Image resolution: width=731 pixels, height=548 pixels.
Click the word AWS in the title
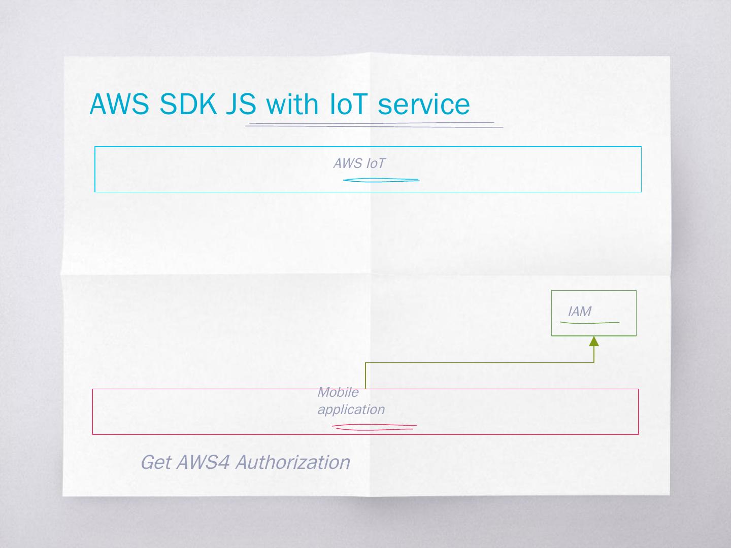coord(119,105)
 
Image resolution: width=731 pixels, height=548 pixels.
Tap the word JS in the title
coord(241,105)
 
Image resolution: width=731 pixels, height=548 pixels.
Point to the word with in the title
coord(292,105)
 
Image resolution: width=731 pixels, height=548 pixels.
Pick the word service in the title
coord(424,105)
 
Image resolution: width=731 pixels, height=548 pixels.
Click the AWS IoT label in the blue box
coord(359,163)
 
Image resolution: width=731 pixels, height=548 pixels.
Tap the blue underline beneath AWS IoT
coord(381,180)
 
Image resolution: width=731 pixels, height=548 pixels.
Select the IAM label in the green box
coord(579,312)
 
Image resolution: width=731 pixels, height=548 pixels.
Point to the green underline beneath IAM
coord(589,322)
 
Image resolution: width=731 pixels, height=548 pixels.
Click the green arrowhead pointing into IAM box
coord(594,341)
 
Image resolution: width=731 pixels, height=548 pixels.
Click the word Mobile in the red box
coord(338,392)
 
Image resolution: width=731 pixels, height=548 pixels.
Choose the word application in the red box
coord(351,409)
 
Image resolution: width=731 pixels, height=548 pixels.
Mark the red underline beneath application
coord(374,427)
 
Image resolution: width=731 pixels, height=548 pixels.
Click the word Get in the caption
coord(155,462)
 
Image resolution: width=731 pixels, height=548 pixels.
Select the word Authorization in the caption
coord(292,462)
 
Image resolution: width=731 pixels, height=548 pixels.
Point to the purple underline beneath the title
coord(373,124)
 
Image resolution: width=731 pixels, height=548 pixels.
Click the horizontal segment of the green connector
coord(480,363)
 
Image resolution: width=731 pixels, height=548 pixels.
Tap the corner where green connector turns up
coord(594,363)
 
